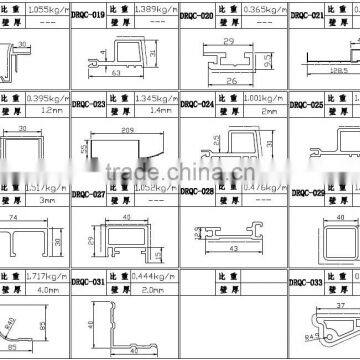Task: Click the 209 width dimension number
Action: [x=124, y=133]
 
